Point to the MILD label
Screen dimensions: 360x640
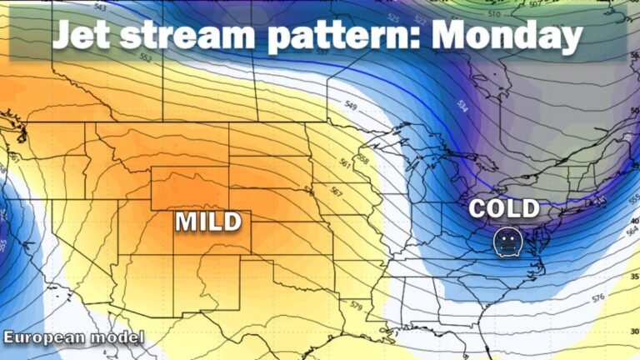(x=207, y=221)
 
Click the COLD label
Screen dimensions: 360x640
(x=505, y=208)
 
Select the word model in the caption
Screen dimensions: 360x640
(x=121, y=337)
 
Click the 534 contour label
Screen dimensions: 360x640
(x=462, y=106)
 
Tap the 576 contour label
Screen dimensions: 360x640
(x=597, y=297)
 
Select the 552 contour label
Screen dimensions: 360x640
(x=146, y=59)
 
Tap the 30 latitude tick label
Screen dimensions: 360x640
(x=634, y=332)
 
